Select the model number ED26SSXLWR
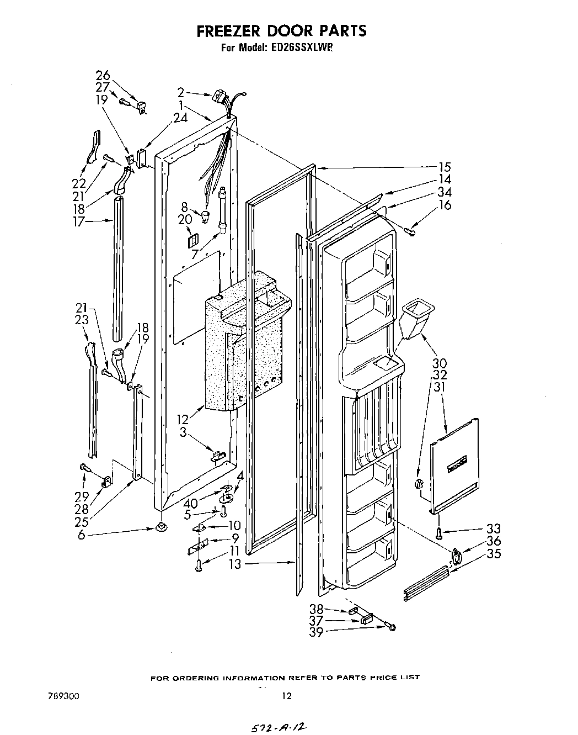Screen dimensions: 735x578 [303, 48]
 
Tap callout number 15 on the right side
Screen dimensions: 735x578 [445, 167]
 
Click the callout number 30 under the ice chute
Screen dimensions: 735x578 [440, 363]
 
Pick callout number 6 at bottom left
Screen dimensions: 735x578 [82, 535]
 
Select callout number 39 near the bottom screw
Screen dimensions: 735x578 [316, 632]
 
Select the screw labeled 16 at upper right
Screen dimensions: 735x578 [411, 231]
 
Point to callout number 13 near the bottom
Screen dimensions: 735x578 [235, 564]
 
